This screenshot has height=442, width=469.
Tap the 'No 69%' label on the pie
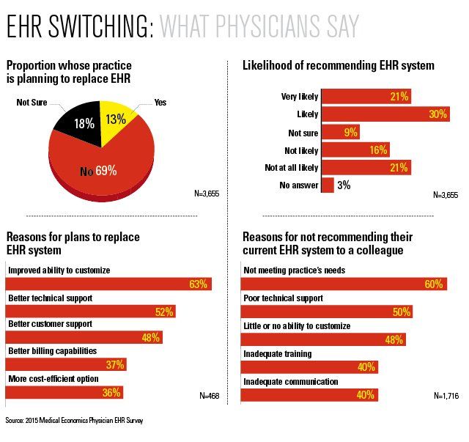98,171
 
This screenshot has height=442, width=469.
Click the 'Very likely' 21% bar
366,96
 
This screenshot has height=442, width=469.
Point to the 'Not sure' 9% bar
341,132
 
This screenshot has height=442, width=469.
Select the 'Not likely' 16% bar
355,150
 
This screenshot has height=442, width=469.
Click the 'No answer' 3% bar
328,185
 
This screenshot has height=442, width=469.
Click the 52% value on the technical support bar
163,312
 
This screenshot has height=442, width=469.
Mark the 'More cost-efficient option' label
53,378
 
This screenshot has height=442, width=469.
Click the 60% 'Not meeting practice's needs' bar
344,284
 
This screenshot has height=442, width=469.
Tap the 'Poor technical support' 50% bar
326,312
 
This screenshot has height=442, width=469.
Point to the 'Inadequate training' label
277,353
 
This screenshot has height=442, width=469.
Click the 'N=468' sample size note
209,396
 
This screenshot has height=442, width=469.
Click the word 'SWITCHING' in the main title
100,26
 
